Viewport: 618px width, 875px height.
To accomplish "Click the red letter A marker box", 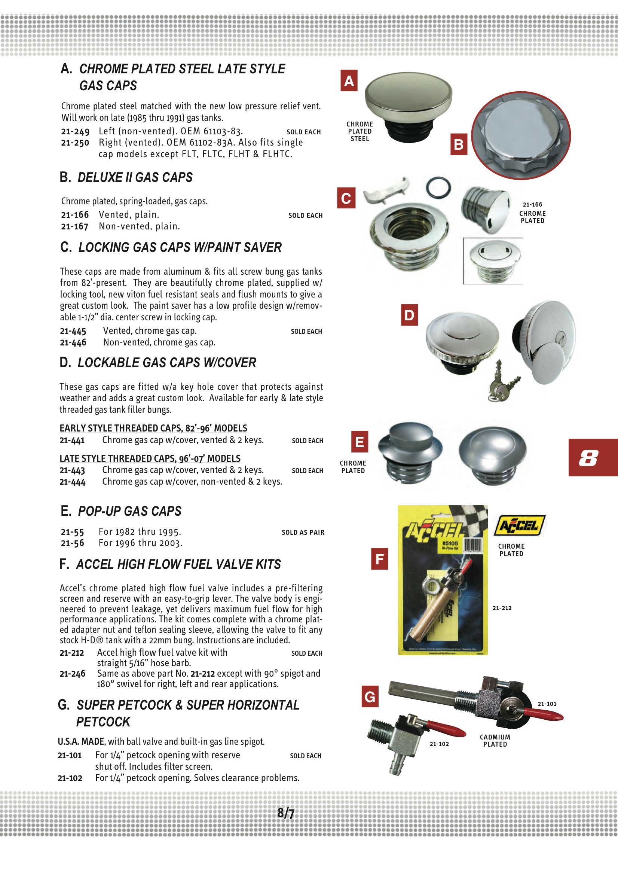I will [x=349, y=80].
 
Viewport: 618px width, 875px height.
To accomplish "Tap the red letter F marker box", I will [x=379, y=559].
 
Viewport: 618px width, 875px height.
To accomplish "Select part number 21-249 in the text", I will [x=75, y=131].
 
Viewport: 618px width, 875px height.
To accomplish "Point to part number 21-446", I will [x=73, y=342].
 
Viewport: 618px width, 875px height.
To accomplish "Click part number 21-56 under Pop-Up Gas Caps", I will [x=73, y=543].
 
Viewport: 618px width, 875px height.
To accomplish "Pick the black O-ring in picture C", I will [x=438, y=187].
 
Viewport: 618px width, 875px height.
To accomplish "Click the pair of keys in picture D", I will [x=501, y=383].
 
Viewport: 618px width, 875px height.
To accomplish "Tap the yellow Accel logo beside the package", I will [x=519, y=525].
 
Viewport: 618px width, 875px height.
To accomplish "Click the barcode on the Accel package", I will [x=473, y=545].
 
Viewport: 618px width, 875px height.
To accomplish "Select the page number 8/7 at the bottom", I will [x=286, y=813].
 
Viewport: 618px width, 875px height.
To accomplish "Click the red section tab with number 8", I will [x=593, y=457].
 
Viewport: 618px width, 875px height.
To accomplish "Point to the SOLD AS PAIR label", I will [x=303, y=533].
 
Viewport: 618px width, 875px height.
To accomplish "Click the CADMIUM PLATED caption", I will [x=495, y=741].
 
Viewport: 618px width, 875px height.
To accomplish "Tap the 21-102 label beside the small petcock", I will [x=439, y=744].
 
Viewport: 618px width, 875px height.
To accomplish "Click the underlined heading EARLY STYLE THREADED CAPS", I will [x=153, y=428].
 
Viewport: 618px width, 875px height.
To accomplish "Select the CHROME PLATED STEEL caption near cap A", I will [x=359, y=131].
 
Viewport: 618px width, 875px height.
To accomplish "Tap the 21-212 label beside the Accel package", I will [x=502, y=608].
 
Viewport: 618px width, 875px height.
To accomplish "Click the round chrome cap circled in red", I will [x=521, y=135].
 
